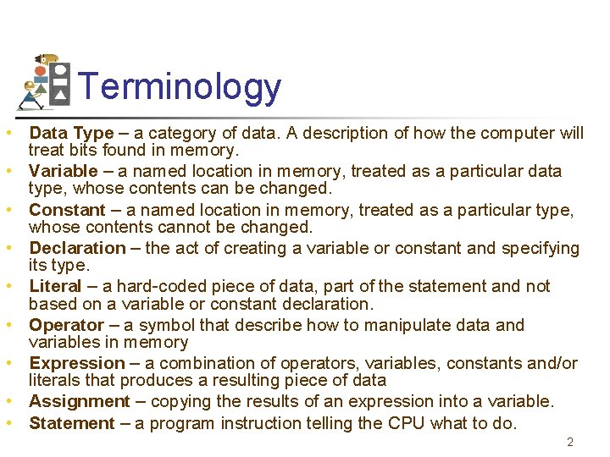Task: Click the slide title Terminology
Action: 179,87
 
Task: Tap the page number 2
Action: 570,442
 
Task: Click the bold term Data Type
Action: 71,133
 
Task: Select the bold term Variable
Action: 64,171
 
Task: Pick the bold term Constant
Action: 67,210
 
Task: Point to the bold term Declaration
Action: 77,248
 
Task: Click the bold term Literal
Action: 55,286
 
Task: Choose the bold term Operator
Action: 66,325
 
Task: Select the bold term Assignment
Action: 80,401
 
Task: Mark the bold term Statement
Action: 71,423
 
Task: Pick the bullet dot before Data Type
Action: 6,133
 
